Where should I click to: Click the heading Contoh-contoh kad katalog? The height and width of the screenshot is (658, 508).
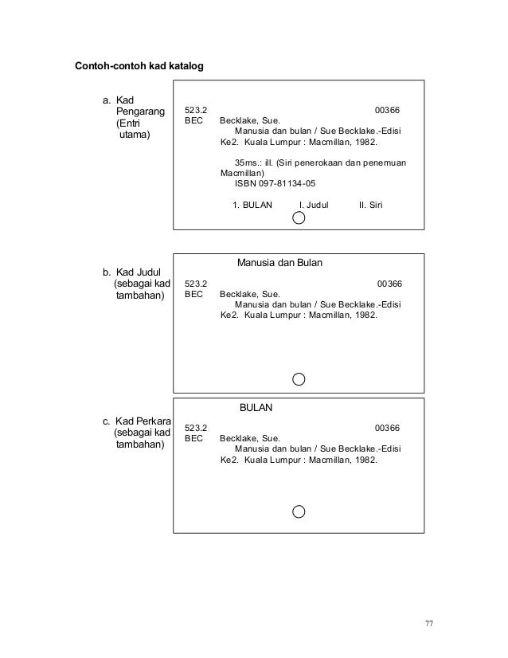(139, 65)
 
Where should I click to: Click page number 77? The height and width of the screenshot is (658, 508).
(428, 623)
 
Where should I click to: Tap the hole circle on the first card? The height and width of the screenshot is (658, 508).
(299, 218)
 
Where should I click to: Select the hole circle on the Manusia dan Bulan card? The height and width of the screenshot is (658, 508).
(299, 378)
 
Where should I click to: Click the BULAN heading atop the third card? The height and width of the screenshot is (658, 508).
(256, 407)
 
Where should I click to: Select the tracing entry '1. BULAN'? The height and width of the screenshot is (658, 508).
(252, 205)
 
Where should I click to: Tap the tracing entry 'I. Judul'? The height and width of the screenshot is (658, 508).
(313, 205)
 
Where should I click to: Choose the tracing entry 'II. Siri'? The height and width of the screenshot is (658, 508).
(371, 205)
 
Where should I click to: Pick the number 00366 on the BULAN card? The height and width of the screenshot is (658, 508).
(387, 428)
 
